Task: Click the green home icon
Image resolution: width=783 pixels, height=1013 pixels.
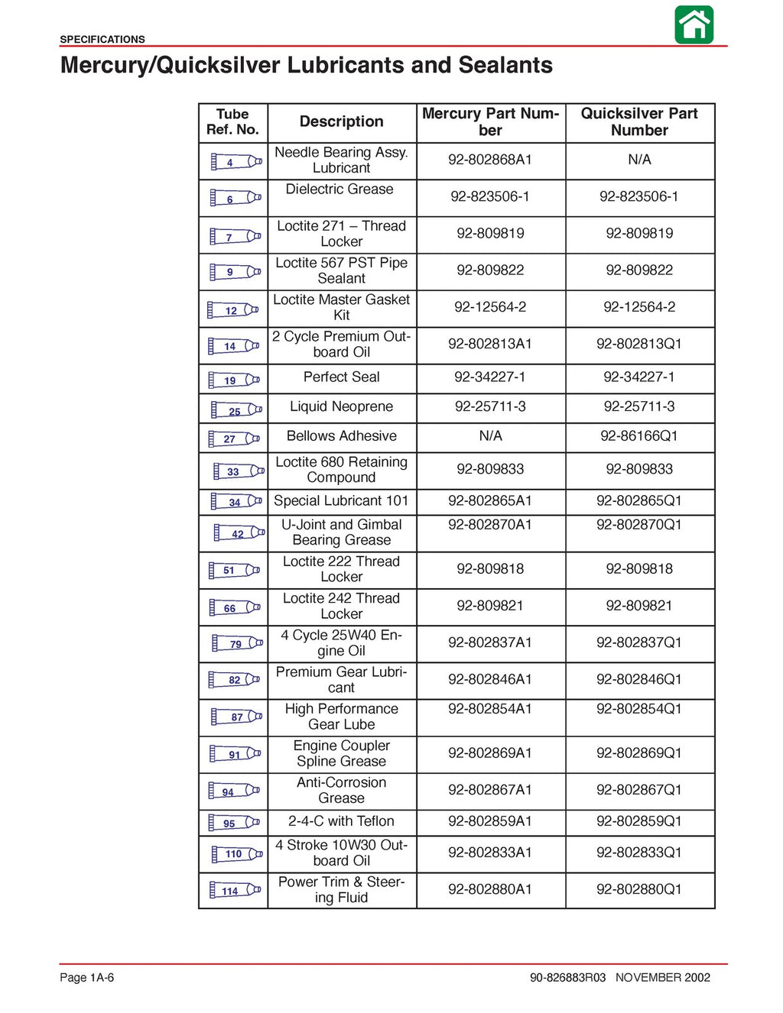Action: tap(694, 24)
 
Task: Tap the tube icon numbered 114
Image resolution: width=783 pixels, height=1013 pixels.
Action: tap(236, 890)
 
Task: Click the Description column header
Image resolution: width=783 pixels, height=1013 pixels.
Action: tap(341, 121)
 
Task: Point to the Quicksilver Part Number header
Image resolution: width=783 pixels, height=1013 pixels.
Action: tap(639, 122)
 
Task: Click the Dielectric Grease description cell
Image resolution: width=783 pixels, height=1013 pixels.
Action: tap(340, 189)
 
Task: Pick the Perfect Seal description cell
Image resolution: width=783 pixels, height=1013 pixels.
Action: tap(341, 377)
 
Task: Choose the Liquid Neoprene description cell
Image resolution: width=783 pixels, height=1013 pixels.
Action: tap(341, 407)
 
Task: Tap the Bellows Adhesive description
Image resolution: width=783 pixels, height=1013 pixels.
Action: tap(341, 436)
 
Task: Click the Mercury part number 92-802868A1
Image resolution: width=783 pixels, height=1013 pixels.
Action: tap(490, 160)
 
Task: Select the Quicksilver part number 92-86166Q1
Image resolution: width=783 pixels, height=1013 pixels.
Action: tap(639, 436)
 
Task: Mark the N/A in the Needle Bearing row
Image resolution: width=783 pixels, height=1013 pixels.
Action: tap(639, 160)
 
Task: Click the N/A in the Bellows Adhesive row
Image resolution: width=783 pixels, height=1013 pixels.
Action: tap(490, 436)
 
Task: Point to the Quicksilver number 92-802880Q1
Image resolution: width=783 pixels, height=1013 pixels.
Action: tap(639, 889)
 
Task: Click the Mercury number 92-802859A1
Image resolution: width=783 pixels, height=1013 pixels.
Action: tap(490, 821)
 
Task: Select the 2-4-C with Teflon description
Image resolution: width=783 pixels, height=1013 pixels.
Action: tap(341, 821)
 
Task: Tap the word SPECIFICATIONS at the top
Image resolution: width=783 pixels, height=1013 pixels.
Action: tap(102, 39)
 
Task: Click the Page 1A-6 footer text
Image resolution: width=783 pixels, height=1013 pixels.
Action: tap(87, 977)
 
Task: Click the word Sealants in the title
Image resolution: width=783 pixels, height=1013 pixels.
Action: tap(505, 66)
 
